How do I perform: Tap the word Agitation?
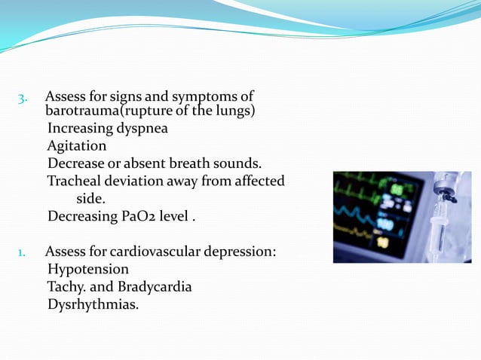coord(76,145)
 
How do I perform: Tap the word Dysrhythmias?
coord(93,305)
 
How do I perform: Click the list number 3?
coord(22,98)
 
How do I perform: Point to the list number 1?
coord(22,252)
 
